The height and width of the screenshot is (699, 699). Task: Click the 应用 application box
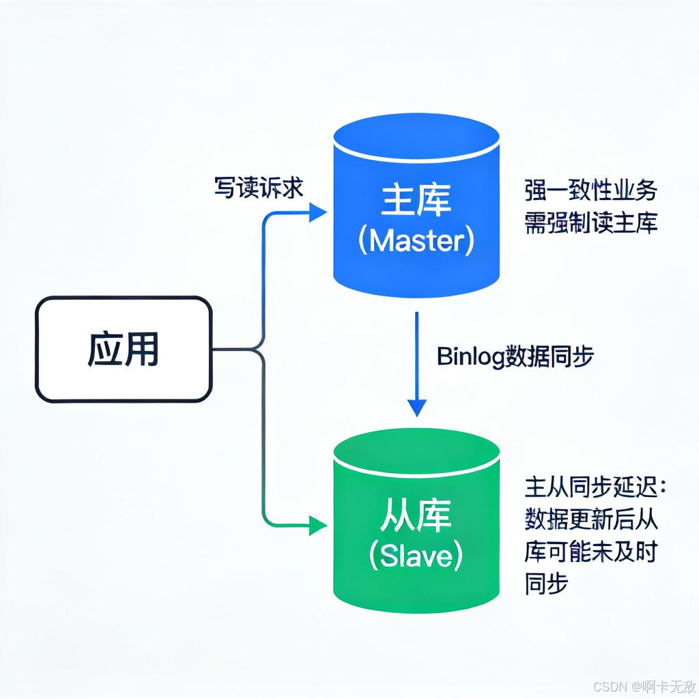coord(124,349)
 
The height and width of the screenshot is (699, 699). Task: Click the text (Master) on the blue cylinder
coord(416,242)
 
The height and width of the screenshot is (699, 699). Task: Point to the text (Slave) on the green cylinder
coord(416,556)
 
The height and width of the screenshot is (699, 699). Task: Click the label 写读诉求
coord(259,188)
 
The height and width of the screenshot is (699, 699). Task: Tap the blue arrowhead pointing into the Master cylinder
coord(318,212)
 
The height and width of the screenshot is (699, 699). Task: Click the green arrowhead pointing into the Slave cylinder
coord(318,526)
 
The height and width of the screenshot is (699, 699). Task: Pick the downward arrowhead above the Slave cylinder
coord(416,407)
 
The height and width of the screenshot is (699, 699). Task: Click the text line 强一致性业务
coord(590,191)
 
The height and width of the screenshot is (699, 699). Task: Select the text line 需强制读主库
coord(590,223)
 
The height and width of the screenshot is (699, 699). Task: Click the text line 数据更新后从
coord(590,519)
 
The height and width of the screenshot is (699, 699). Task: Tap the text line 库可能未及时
coord(590,552)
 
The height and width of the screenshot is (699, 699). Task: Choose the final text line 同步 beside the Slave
coord(547,584)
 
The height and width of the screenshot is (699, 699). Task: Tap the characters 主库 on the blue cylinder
coord(416,203)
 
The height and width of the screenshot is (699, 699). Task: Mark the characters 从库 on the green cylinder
coord(416,517)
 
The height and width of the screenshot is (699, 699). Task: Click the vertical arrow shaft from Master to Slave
coord(416,355)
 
